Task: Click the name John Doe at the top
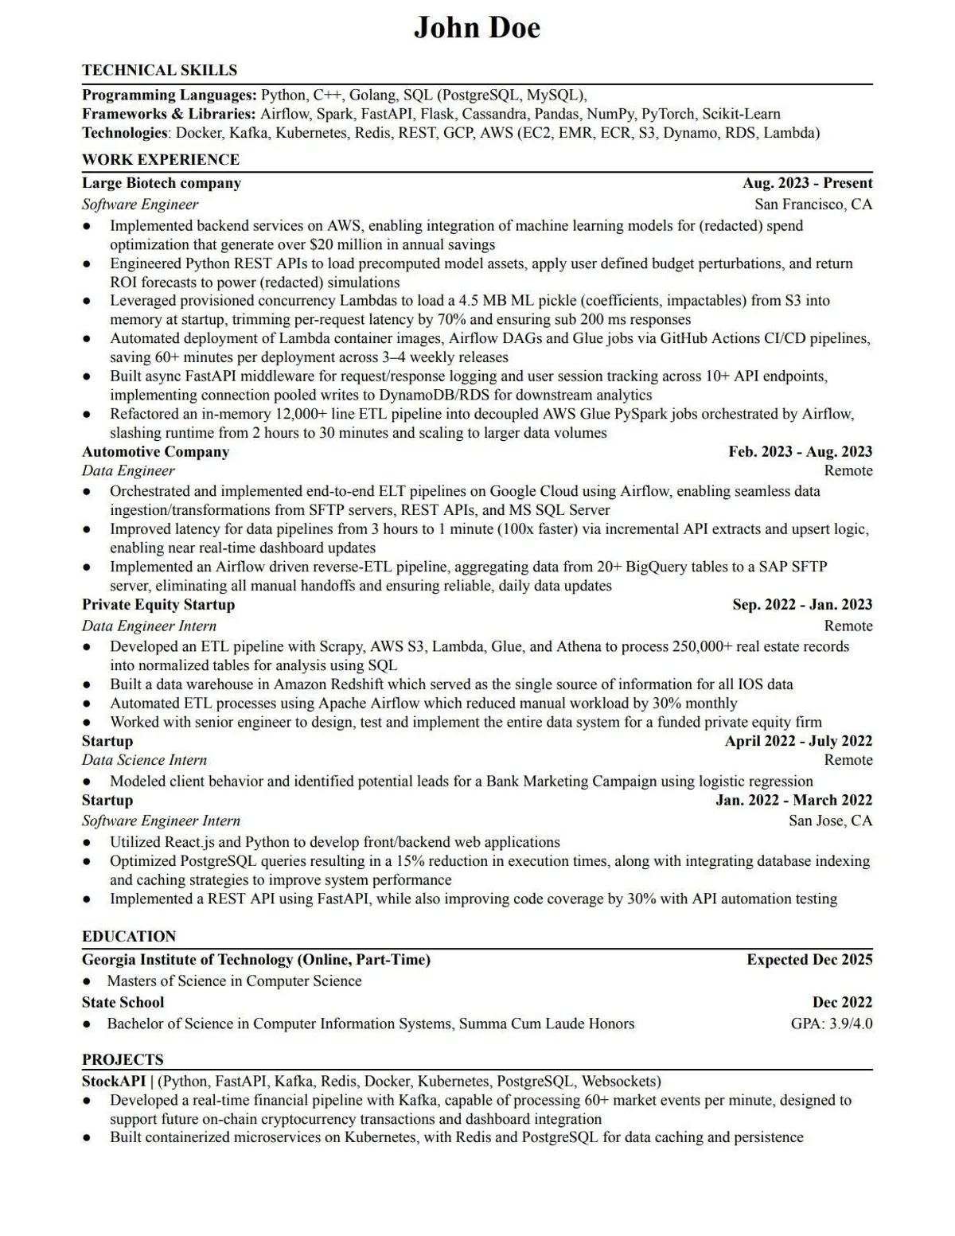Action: coord(477,29)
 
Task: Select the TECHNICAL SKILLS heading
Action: coord(159,70)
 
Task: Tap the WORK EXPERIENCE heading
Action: coord(160,159)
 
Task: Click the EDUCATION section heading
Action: coord(129,936)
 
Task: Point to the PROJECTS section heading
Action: coord(123,1059)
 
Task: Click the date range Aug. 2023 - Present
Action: coord(807,183)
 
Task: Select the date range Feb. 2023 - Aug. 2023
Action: coord(800,452)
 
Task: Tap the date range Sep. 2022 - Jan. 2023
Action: coord(802,605)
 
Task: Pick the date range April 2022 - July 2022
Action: coord(798,741)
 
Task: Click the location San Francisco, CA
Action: coord(813,205)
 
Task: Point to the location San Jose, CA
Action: coord(830,821)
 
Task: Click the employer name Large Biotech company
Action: coord(161,183)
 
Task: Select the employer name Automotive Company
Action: coord(155,452)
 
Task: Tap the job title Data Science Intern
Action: coord(144,760)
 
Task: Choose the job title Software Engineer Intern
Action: coord(161,821)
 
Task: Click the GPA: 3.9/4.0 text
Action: coord(831,1024)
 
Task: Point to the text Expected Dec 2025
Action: coord(809,960)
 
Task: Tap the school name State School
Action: coord(123,1003)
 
